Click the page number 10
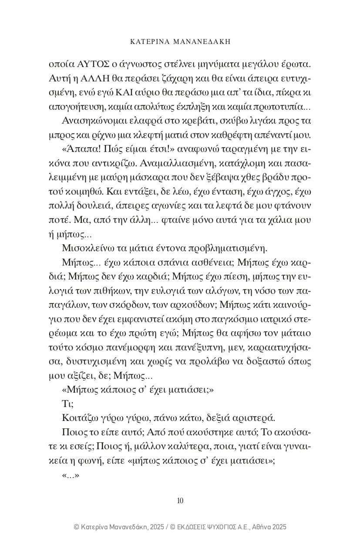pos(180,500)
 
